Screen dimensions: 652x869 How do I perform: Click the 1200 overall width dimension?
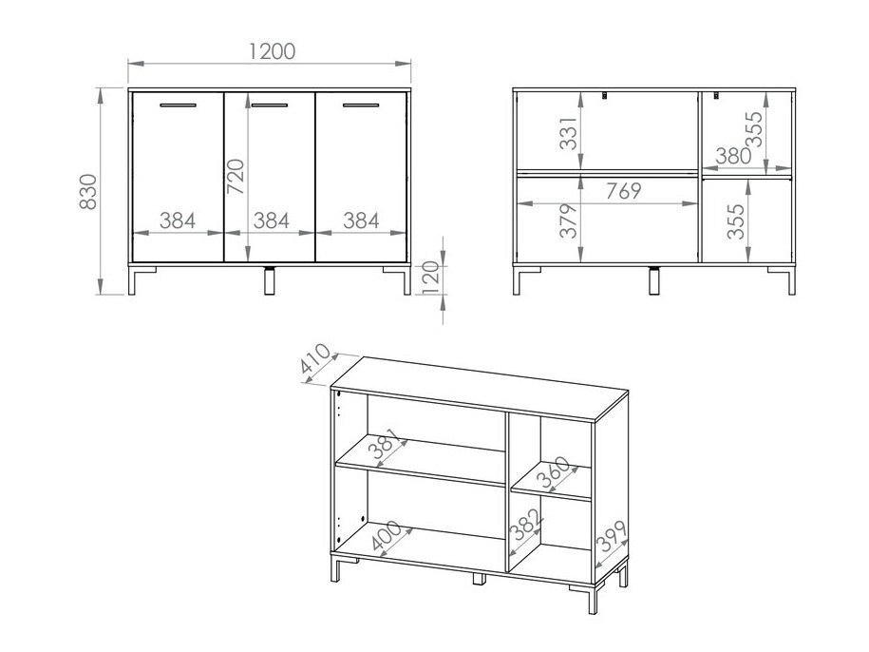[271, 51]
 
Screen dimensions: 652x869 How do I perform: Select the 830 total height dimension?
[87, 192]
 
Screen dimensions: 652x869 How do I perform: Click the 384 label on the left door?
[177, 221]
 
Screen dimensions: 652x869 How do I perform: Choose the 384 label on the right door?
[361, 221]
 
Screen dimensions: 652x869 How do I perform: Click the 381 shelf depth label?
[387, 449]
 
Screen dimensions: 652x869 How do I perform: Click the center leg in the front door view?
[270, 281]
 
